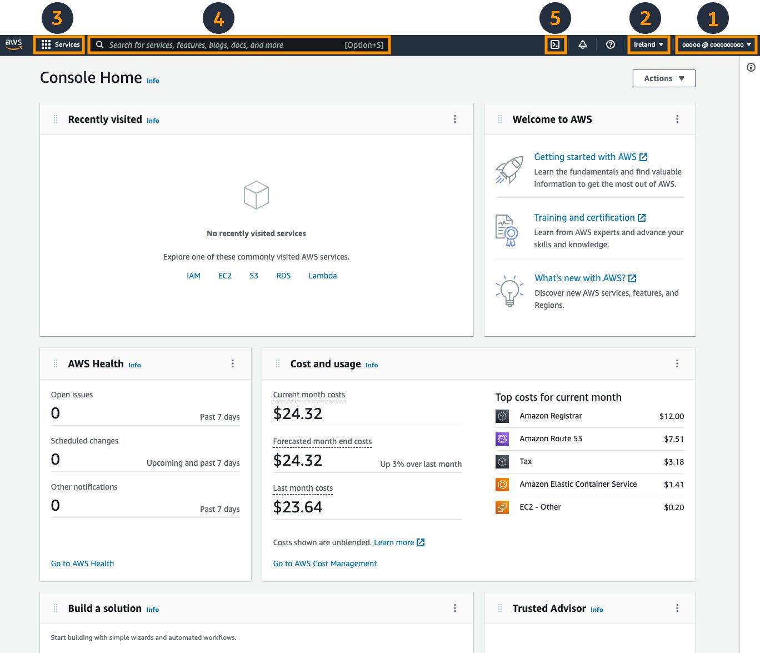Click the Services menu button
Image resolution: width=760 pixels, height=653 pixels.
point(60,44)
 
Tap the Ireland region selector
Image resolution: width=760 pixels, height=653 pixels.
point(648,44)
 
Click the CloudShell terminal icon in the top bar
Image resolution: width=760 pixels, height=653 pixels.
point(555,44)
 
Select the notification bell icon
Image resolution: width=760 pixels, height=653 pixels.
point(583,44)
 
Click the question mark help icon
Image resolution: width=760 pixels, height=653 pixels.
point(611,44)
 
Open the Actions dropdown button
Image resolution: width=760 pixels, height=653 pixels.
point(664,78)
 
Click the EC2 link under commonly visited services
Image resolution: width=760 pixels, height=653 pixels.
point(225,276)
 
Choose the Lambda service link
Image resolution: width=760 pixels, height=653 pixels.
point(323,276)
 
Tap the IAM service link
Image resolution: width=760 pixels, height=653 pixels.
point(193,276)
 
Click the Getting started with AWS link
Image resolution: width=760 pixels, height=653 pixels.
point(585,157)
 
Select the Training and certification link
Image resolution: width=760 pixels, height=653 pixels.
point(584,218)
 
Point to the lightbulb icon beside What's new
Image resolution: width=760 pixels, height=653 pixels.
point(509,291)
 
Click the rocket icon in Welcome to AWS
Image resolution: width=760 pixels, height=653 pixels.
point(509,170)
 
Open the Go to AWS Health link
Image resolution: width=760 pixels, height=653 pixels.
point(82,564)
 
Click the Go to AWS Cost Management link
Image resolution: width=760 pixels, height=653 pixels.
point(325,564)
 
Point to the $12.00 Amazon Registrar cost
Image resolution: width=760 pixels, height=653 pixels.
point(672,416)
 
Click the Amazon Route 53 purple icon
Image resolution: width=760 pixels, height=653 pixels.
point(502,439)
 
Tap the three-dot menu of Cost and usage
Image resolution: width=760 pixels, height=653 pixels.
point(677,363)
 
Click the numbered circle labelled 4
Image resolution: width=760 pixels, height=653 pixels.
point(219,19)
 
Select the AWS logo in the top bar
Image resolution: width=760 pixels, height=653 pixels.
point(14,44)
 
